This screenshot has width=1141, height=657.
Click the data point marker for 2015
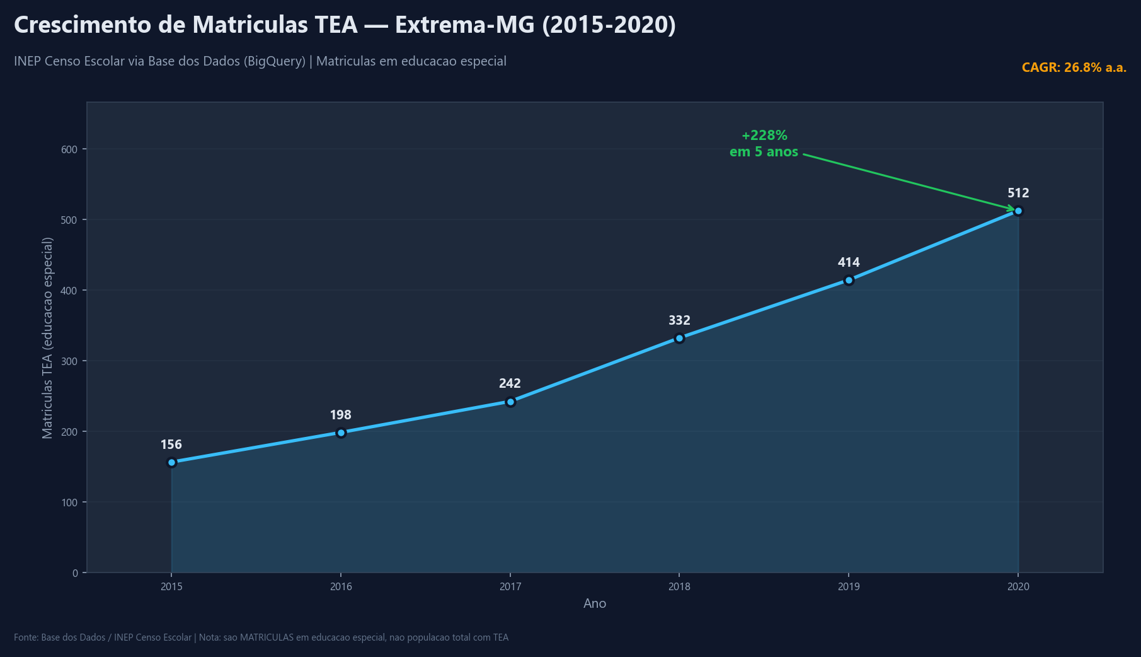171,462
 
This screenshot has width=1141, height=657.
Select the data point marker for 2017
510,402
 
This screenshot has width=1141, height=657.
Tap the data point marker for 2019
849,280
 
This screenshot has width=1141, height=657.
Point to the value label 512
1018,193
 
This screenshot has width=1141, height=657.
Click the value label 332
679,320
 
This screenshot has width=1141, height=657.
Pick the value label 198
341,415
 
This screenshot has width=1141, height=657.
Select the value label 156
171,445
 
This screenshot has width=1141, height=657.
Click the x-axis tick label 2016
341,587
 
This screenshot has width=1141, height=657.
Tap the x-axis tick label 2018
679,587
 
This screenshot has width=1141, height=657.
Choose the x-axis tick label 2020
1018,587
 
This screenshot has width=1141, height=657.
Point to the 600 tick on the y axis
69,149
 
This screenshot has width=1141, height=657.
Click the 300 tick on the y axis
69,361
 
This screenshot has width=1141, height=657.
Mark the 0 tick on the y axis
75,573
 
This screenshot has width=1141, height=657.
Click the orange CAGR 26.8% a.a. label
1074,67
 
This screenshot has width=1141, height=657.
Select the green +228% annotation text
764,136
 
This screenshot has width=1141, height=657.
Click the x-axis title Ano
595,603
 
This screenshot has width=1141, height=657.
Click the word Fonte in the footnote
25,637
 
